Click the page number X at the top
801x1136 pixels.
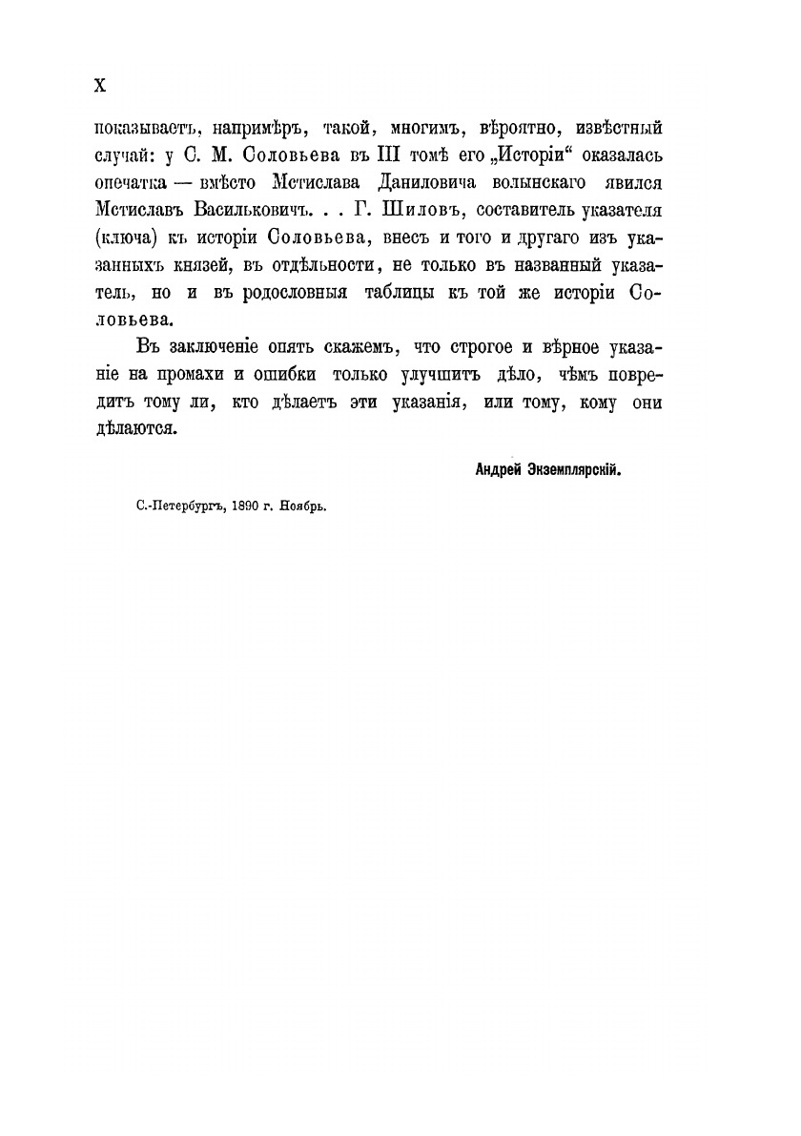tap(99, 85)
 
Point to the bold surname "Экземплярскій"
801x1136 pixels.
tap(581, 469)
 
